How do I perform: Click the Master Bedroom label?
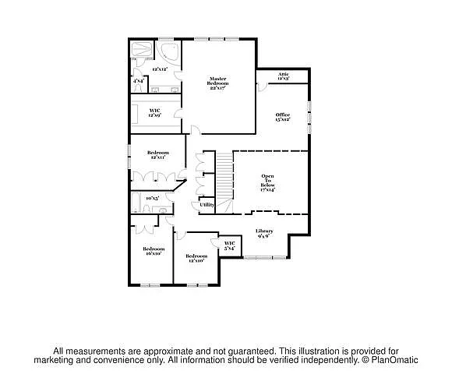[217, 83]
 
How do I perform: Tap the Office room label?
[282, 117]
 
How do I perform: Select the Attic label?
[284, 76]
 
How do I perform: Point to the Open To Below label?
[267, 182]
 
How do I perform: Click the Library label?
[264, 233]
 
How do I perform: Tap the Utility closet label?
[207, 204]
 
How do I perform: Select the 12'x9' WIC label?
[155, 113]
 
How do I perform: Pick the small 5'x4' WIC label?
[230, 246]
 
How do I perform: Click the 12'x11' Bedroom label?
[157, 154]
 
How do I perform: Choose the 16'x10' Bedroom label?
[152, 251]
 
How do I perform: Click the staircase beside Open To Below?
[224, 175]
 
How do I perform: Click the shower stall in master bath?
[141, 49]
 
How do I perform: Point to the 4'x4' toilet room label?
[138, 80]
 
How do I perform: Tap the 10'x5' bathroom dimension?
[153, 198]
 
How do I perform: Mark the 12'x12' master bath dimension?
[161, 69]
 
